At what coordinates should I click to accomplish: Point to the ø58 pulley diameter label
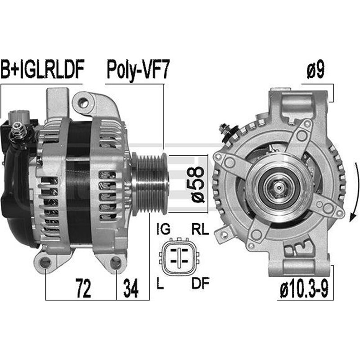pos(198,184)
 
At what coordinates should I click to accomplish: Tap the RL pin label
pos(200,229)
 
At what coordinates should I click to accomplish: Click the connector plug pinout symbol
pos(180,256)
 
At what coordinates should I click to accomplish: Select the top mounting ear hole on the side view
pos(83,103)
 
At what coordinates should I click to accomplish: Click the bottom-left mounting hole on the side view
pos(45,263)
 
